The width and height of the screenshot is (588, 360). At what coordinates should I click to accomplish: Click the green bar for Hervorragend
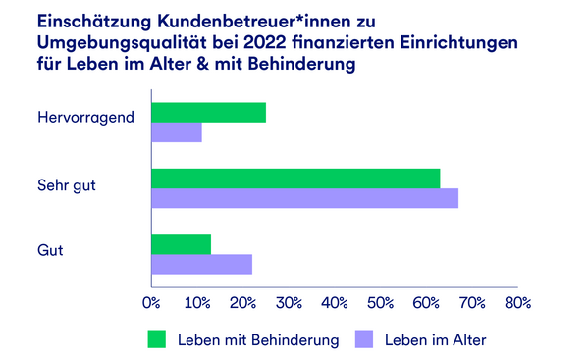[208, 112]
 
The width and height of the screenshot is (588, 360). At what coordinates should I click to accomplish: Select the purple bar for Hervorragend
[177, 132]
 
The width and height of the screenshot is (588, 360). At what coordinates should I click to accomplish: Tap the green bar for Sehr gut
[295, 178]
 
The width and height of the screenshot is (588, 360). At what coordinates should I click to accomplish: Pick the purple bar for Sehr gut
[304, 198]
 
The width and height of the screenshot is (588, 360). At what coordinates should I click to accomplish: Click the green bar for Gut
[182, 244]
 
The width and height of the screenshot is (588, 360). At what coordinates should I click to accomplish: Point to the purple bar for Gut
[201, 264]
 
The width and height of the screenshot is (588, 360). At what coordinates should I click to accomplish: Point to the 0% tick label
[151, 303]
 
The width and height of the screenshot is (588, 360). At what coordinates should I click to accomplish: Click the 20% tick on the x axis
[242, 303]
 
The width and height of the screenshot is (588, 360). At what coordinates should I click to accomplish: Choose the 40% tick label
[335, 303]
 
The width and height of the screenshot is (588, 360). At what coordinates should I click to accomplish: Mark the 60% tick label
[426, 303]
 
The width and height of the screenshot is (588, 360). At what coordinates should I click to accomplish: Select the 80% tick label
[517, 303]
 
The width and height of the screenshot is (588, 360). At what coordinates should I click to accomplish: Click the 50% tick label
[380, 303]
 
